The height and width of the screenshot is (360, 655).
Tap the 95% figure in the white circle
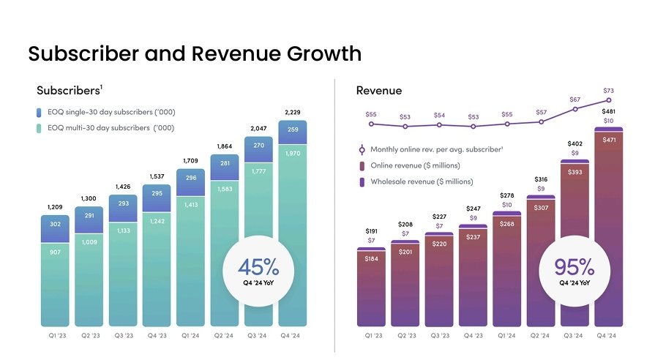pos(574,267)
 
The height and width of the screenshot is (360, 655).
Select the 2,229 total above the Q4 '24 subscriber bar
pos(293,112)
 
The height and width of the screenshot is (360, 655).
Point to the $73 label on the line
pos(609,91)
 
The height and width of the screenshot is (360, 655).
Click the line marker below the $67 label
pos(575,109)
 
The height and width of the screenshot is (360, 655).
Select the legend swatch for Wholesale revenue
pos(362,181)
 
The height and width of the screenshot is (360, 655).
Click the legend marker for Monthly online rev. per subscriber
pos(362,150)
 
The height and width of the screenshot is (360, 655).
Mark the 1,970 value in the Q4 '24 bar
pos(293,154)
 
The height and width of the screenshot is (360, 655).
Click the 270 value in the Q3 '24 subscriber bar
pos(258,146)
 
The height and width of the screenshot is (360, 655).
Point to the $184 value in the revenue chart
pos(371,258)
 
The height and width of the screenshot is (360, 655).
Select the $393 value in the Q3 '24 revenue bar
pos(575,172)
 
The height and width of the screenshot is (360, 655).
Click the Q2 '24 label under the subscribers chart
pos(225,335)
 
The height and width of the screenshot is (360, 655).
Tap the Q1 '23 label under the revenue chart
pos(373,335)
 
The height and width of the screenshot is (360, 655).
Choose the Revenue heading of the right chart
pos(378,91)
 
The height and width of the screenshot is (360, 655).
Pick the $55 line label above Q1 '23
pos(371,114)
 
